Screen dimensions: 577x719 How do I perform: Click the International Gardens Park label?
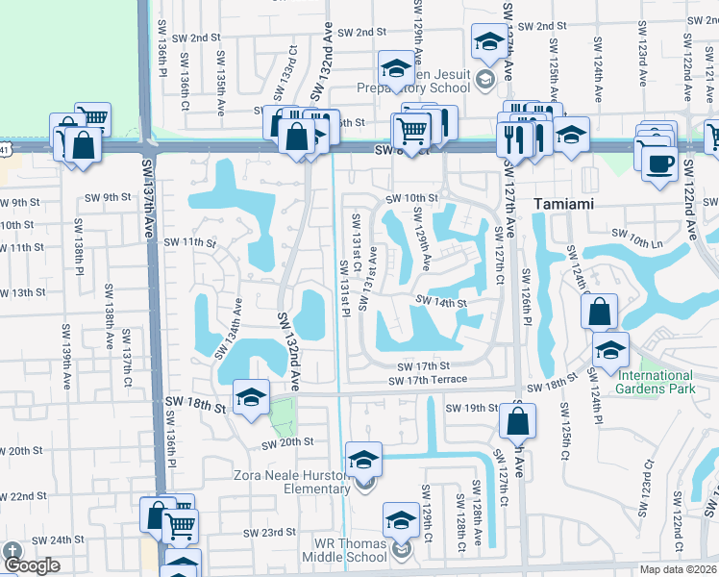656,382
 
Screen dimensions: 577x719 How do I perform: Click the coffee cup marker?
659,163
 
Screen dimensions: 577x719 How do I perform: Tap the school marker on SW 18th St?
251,396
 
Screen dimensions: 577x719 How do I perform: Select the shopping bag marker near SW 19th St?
517,419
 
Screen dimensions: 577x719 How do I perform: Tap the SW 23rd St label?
268,532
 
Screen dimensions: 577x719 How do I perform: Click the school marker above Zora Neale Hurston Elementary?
363,459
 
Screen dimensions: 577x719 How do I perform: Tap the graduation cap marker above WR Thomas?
401,519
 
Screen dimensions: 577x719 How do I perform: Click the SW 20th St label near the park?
288,442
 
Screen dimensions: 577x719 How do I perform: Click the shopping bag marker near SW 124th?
599,311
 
